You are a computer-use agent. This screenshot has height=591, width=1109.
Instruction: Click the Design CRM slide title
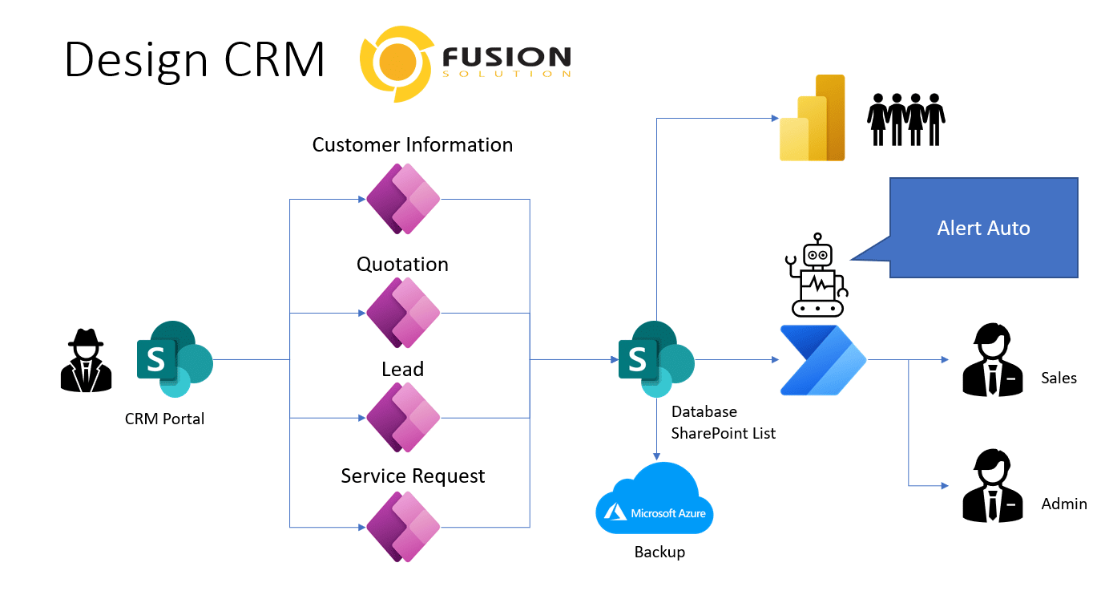(x=195, y=60)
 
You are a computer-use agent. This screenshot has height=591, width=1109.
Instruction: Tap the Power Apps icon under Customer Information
(x=404, y=199)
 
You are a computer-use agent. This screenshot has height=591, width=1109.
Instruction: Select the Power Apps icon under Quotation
(x=404, y=312)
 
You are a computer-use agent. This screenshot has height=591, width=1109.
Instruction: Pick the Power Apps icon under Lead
(x=404, y=417)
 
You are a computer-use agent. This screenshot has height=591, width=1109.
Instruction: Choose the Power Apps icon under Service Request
(x=404, y=527)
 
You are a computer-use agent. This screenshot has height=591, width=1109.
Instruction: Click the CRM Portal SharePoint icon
(x=174, y=359)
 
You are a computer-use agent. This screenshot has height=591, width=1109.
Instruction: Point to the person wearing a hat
(x=86, y=361)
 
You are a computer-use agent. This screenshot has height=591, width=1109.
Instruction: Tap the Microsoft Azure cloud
(x=655, y=500)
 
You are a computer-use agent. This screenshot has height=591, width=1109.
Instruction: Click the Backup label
(x=659, y=553)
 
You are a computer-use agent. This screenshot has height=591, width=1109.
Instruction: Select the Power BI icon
(x=813, y=119)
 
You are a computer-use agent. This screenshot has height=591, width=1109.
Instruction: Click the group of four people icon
(x=906, y=119)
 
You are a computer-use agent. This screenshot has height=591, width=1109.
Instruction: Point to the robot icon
(x=817, y=275)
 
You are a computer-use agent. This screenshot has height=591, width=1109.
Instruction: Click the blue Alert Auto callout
(x=983, y=228)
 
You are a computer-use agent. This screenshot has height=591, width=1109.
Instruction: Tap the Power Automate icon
(x=823, y=360)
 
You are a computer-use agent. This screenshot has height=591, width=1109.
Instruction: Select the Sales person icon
(x=992, y=360)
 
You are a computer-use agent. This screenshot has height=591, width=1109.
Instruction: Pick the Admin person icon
(x=992, y=486)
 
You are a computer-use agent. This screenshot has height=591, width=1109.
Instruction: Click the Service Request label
(x=413, y=476)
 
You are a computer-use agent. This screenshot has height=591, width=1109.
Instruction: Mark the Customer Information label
(x=413, y=145)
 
